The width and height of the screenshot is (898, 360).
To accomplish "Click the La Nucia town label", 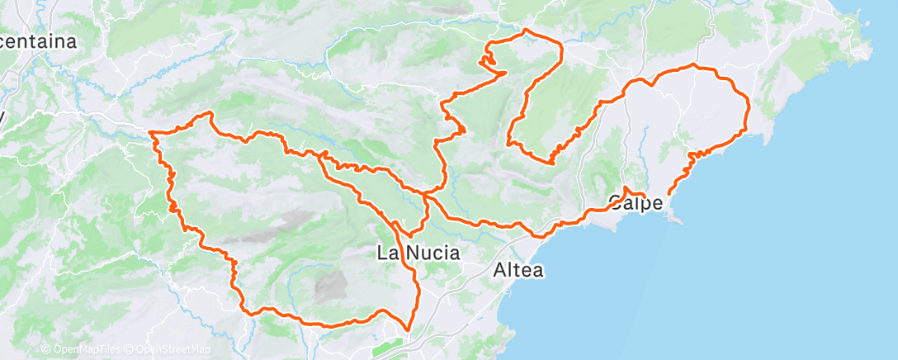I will pos(418,253).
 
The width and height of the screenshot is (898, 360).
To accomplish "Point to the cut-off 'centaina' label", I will pos(38,41).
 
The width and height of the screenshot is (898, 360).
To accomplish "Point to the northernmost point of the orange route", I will pos(525,31).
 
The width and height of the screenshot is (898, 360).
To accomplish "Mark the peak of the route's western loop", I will pos(210,112).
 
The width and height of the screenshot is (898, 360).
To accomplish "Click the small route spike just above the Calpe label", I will pos(626,189).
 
